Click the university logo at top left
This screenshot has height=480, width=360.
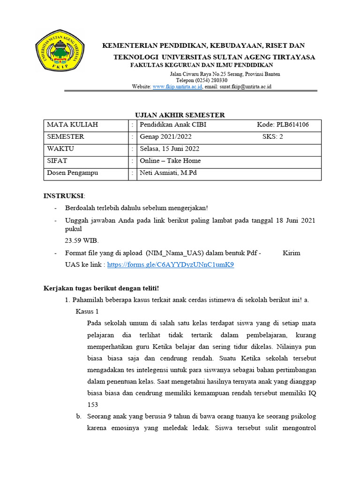pos(60,50)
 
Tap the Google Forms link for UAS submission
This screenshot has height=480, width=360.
pos(170,264)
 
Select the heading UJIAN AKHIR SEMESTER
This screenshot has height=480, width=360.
pos(180,115)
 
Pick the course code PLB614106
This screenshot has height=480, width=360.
pos(283,125)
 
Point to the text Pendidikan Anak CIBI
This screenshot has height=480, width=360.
pos(173,125)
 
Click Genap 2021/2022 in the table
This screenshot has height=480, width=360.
pos(165,137)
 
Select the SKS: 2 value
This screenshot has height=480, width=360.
pos(273,137)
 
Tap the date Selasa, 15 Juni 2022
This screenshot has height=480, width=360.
pos(170,149)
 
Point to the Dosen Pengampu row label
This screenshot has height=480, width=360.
pos(72,173)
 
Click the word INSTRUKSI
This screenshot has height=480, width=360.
pos(63,195)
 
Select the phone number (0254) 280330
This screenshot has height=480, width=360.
pos(202,81)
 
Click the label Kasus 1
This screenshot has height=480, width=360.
pos(87,311)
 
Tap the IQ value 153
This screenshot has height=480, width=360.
pos(93,404)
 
